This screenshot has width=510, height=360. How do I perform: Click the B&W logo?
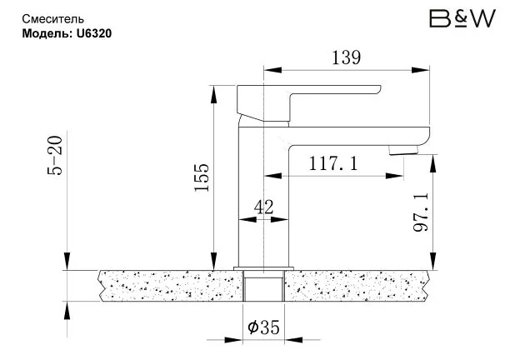click(x=462, y=18)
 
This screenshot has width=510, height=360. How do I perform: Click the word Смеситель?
click(x=53, y=19)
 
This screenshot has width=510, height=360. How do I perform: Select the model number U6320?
click(x=94, y=33)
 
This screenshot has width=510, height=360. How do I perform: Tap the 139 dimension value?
click(x=346, y=57)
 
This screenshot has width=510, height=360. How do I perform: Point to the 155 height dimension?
click(x=202, y=177)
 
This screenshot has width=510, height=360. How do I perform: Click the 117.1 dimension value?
click(x=333, y=163)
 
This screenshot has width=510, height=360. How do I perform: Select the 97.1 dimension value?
click(x=421, y=212)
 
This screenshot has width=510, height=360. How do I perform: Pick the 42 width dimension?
click(x=264, y=207)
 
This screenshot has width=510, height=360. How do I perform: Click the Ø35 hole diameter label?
click(x=263, y=327)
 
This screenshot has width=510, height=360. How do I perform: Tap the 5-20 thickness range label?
click(x=55, y=156)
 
